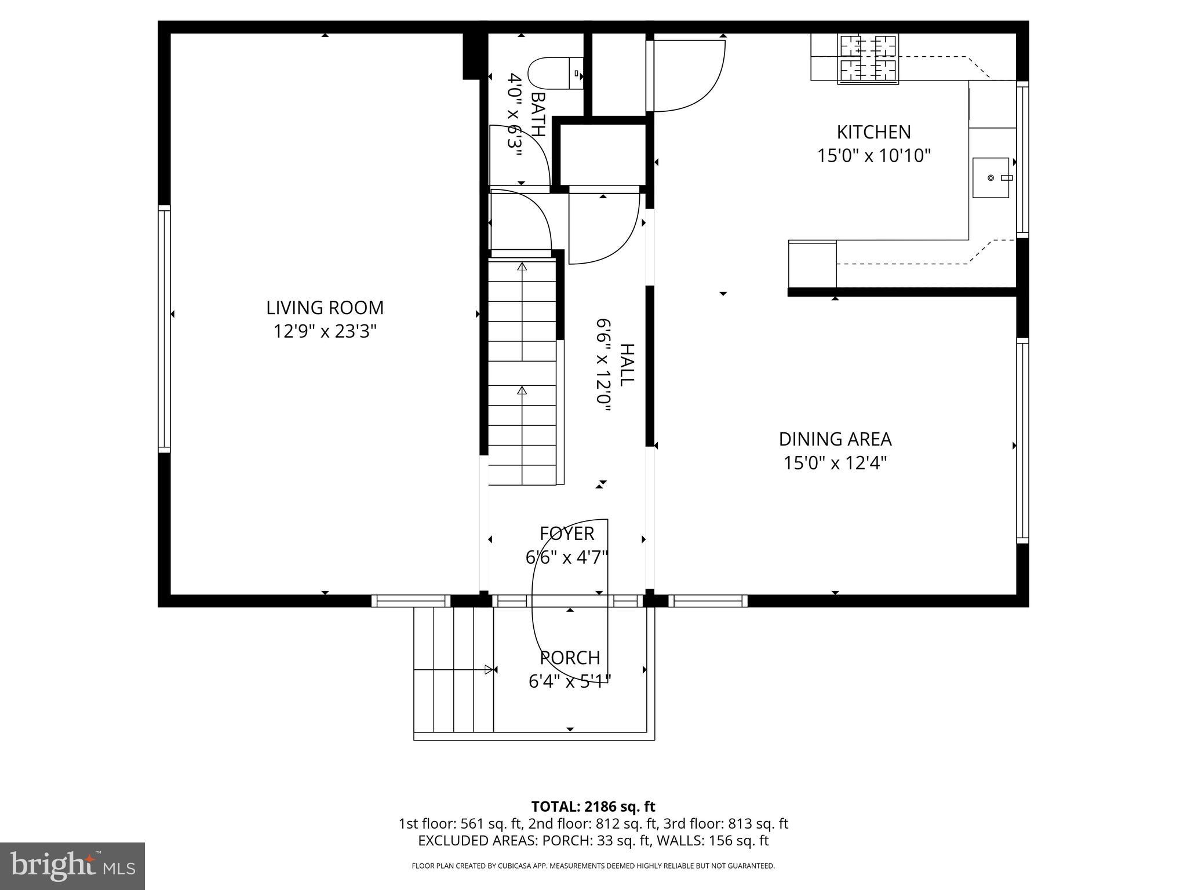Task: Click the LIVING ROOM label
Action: (325, 308)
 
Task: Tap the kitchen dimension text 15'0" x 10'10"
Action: (873, 156)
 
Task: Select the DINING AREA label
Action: (835, 439)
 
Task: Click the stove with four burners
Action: (868, 58)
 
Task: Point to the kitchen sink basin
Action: (991, 177)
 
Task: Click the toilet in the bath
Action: (555, 73)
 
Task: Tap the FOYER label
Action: (566, 533)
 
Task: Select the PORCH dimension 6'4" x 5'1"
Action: (570, 681)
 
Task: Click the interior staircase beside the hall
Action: (522, 371)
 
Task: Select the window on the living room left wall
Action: (165, 329)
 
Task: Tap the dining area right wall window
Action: (1022, 440)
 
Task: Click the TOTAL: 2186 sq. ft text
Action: (593, 807)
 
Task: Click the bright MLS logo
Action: (72, 866)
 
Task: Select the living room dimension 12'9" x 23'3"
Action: (325, 331)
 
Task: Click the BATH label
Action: (538, 114)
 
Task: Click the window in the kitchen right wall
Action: (1023, 159)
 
